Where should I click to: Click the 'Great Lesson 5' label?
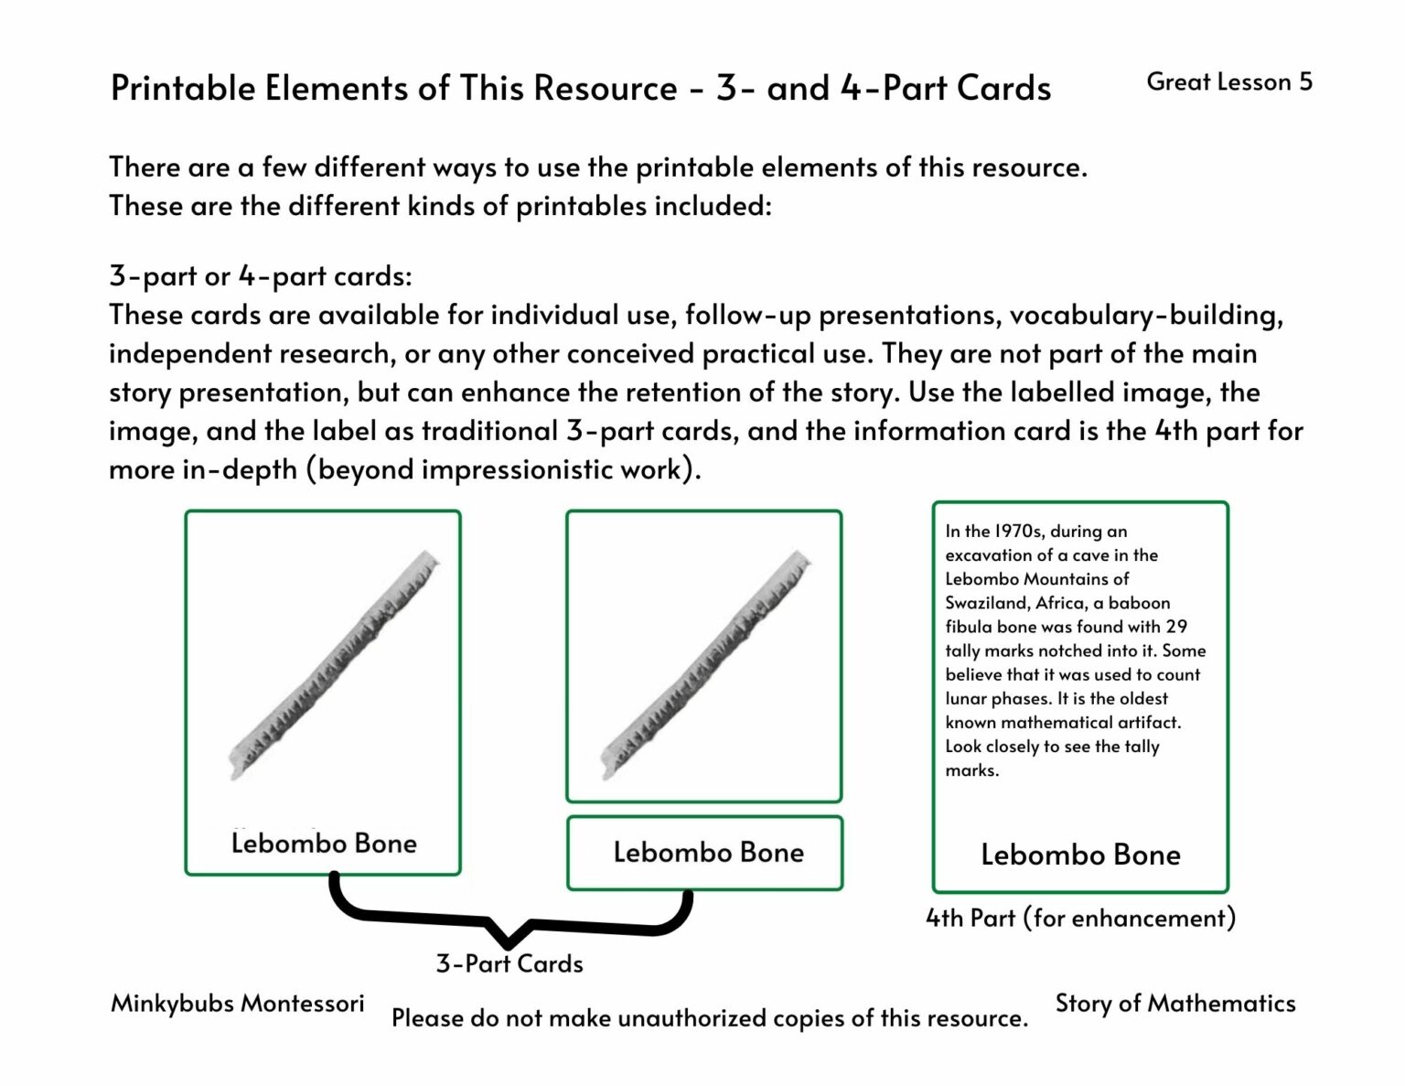(1228, 82)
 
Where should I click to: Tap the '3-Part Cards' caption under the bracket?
(509, 963)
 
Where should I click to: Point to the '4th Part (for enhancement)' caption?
(1080, 918)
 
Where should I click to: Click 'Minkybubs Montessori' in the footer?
(237, 1004)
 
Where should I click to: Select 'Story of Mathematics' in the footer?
(1175, 1004)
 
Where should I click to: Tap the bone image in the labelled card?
(333, 665)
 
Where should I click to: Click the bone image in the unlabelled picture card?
(705, 665)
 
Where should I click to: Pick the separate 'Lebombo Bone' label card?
(704, 853)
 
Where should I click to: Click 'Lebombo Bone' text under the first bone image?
(324, 844)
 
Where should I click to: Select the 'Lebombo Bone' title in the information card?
(1080, 855)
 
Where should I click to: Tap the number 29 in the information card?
(1176, 627)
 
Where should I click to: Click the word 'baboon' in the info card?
(1140, 603)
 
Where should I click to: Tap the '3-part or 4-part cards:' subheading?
(261, 276)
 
